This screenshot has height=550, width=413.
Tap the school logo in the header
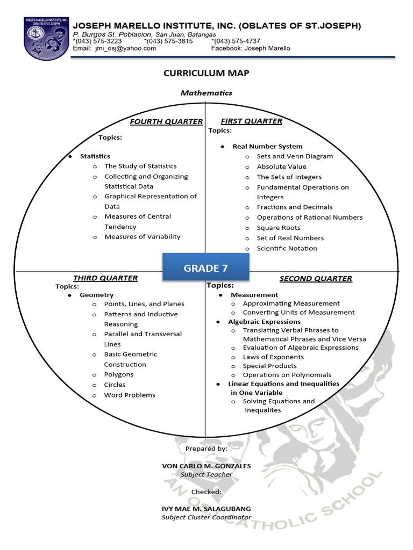click(x=46, y=37)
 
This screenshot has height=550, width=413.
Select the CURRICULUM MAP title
click(x=206, y=73)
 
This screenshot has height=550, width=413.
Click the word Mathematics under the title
click(x=206, y=93)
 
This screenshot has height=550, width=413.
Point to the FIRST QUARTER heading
click(x=251, y=121)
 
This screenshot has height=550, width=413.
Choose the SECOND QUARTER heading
click(x=316, y=279)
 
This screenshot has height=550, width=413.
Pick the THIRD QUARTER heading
click(x=105, y=278)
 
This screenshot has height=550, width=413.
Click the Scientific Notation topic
click(x=287, y=248)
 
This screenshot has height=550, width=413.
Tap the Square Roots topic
click(x=279, y=228)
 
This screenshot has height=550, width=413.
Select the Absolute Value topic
click(x=281, y=167)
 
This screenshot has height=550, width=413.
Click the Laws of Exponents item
click(x=273, y=357)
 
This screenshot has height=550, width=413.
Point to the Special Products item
click(x=269, y=366)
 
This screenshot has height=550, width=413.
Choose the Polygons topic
click(x=119, y=375)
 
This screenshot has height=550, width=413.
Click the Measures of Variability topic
click(x=143, y=237)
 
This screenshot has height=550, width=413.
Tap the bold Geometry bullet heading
click(x=97, y=295)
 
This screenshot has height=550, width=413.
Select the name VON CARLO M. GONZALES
click(x=206, y=466)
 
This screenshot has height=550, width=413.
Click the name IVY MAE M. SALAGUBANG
click(x=206, y=509)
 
